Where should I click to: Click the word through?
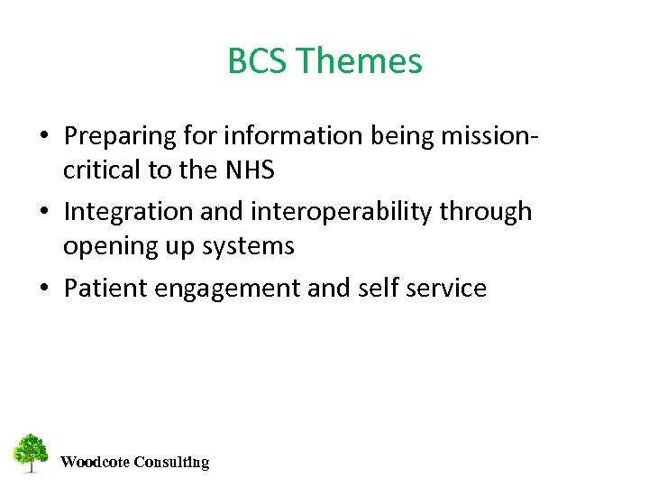tap(487, 212)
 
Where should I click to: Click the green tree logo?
tap(31, 453)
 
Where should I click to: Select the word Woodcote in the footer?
tap(94, 463)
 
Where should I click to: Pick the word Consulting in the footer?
tap(171, 463)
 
